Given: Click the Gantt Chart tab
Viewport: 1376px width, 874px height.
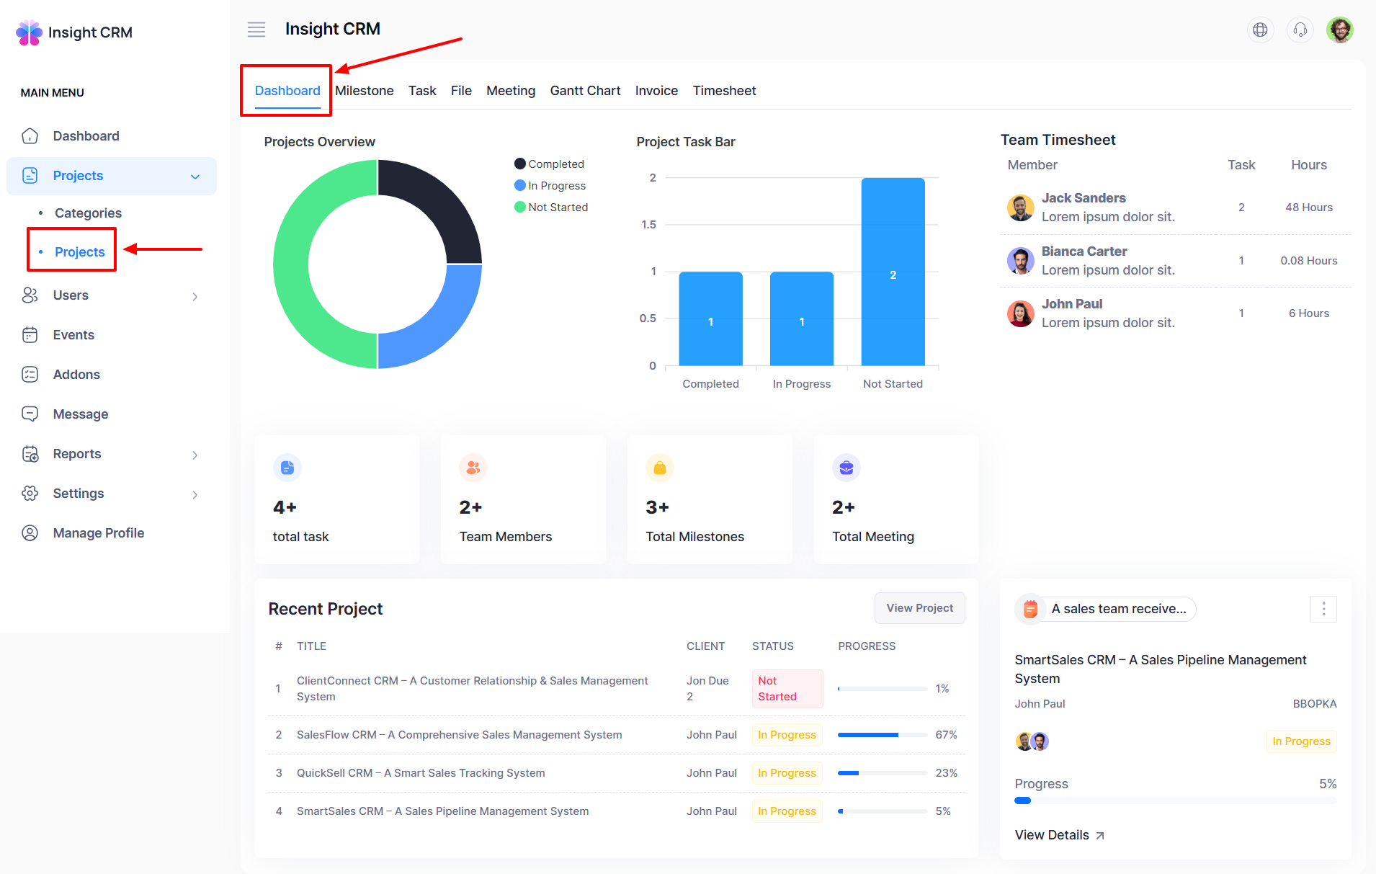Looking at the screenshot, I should click(585, 91).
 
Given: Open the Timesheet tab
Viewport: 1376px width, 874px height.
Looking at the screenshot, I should click(724, 91).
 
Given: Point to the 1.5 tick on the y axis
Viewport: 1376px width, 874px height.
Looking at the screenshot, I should click(649, 225).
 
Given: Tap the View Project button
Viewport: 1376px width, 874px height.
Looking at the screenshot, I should click(919, 608).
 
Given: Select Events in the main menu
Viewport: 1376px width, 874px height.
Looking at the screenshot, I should click(73, 335).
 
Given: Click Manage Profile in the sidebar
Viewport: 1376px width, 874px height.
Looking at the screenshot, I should click(98, 533).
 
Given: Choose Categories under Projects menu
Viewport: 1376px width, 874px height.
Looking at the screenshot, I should click(88, 213).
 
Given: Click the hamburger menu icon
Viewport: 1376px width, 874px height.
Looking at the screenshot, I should click(256, 30).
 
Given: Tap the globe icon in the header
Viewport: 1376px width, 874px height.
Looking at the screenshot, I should click(1260, 30).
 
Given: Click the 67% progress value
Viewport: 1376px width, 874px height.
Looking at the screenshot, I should click(946, 735).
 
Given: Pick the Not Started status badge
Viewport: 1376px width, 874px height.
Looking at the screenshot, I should click(787, 689).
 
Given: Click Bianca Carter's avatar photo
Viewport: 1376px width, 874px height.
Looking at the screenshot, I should click(1020, 260).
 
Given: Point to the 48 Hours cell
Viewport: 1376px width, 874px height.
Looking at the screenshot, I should click(1308, 208).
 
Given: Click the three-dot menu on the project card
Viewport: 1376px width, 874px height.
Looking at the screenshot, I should click(1323, 610).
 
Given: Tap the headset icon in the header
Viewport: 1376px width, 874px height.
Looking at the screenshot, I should click(1300, 30).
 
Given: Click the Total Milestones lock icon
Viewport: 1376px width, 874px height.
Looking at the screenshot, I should click(659, 468).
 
